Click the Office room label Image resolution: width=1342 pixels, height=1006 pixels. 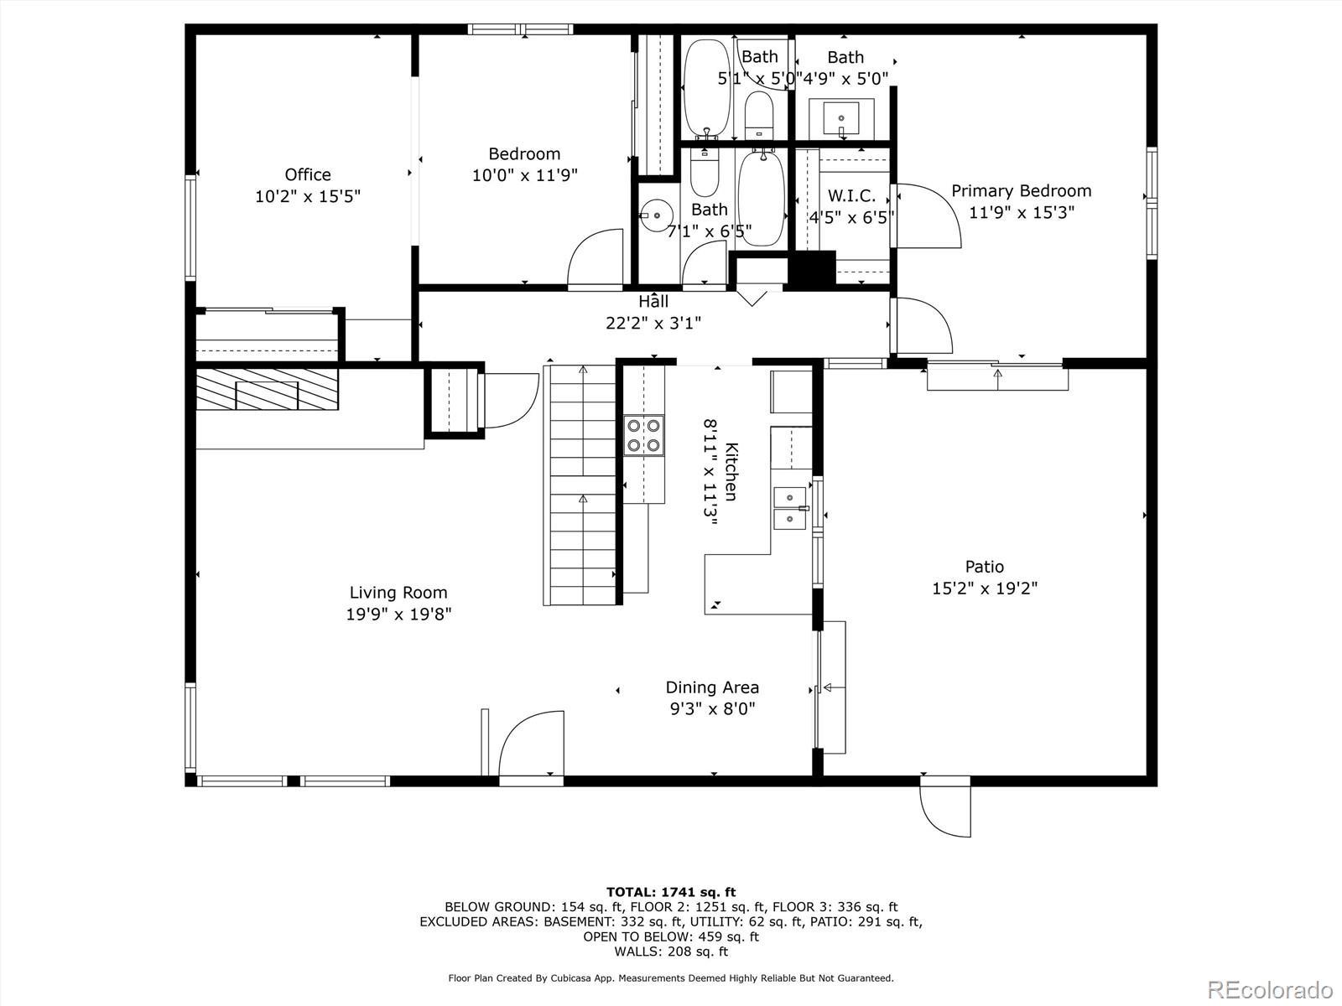pos(308,174)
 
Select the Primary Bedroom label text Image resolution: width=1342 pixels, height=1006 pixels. pos(1021,190)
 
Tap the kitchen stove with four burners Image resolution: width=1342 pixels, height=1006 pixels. pos(644,435)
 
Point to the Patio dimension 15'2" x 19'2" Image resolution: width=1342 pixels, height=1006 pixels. pos(985,589)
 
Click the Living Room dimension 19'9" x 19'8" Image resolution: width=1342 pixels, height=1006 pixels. pos(398,614)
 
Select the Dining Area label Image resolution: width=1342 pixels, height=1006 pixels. pos(712,687)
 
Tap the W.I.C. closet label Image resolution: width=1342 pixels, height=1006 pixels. pos(851,196)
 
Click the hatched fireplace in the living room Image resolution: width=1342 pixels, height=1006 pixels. pos(267,388)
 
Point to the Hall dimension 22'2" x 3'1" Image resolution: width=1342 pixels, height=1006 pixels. pos(653,323)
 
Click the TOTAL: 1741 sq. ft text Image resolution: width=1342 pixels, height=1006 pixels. pos(671,892)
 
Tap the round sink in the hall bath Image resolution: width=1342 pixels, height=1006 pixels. pos(656,215)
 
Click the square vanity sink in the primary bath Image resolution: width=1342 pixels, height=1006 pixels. pos(841,118)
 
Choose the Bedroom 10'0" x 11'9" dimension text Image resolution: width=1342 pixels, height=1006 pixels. pos(524,175)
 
